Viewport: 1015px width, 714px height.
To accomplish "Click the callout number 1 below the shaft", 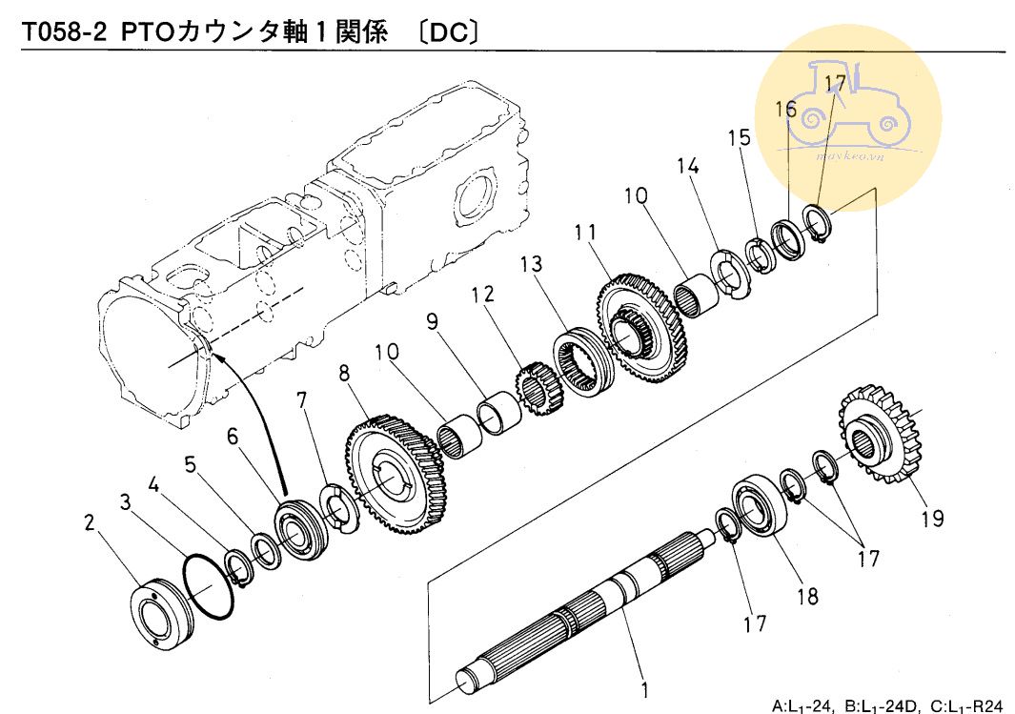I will coord(644,688).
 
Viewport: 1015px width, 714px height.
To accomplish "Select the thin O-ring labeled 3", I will coord(208,588).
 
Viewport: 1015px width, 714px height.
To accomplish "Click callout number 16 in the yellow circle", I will coord(785,110).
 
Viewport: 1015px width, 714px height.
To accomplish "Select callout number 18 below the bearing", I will coord(807,596).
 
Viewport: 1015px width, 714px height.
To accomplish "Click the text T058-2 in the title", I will coord(64,32).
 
